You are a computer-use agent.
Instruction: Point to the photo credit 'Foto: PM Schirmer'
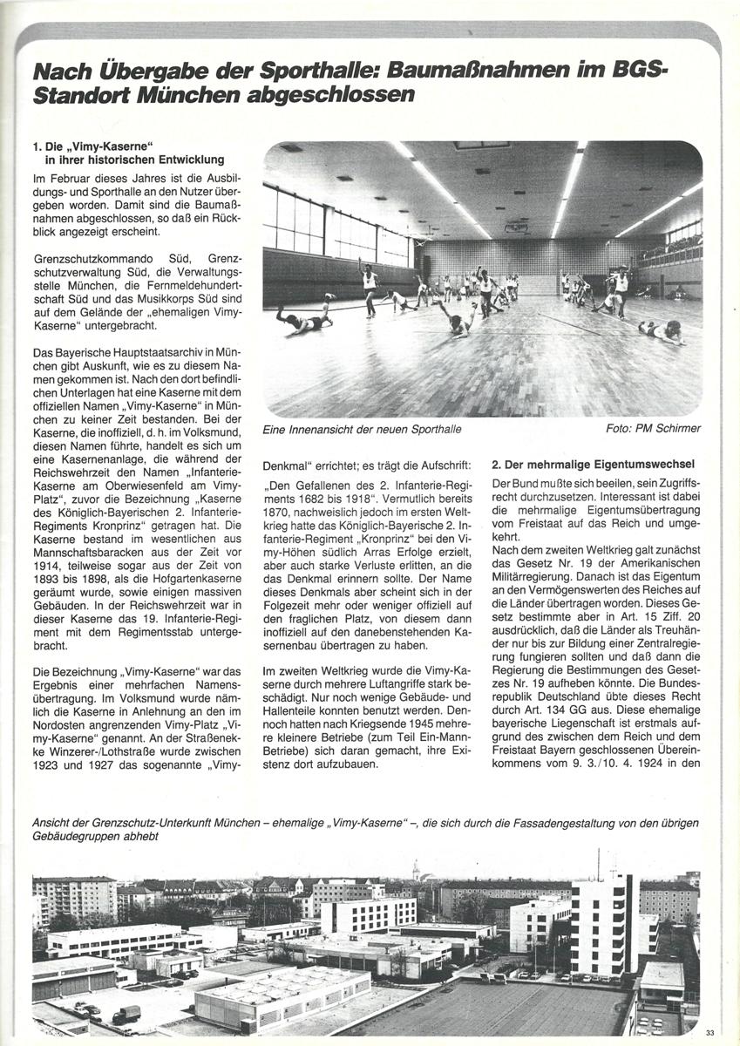653,429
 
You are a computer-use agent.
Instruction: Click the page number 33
710,1033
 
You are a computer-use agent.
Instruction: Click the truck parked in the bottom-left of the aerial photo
126,1014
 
